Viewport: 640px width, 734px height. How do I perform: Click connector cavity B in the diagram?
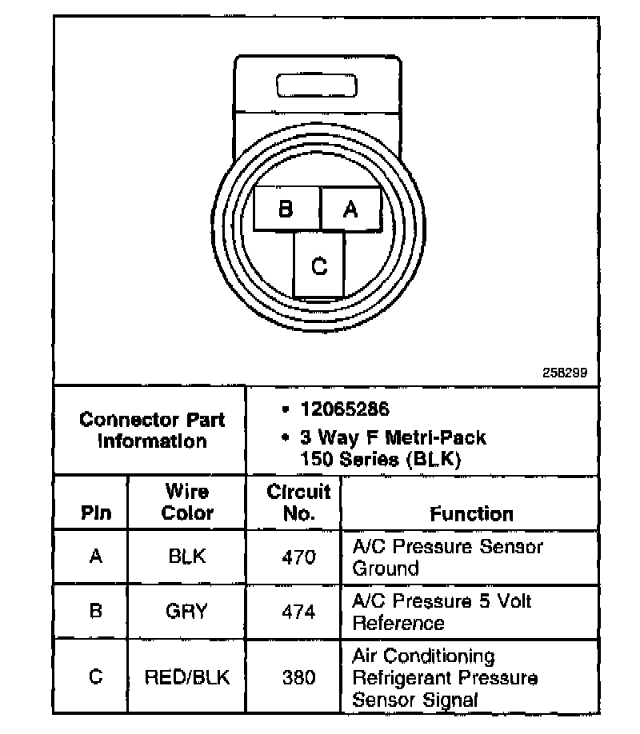[x=286, y=209]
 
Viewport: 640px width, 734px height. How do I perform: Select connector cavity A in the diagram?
[x=350, y=209]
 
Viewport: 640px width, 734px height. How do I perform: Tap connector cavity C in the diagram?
[x=319, y=265]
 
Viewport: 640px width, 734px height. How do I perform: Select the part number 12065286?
[x=345, y=409]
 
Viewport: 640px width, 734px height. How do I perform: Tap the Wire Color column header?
[x=187, y=502]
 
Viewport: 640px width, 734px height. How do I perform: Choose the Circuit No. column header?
[x=298, y=502]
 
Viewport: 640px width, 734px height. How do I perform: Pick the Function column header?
[x=471, y=513]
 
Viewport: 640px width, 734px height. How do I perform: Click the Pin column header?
[x=96, y=513]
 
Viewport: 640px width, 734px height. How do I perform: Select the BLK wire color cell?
[x=187, y=556]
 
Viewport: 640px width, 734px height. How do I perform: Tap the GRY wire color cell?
[x=187, y=612]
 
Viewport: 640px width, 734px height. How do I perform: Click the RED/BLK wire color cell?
[x=187, y=677]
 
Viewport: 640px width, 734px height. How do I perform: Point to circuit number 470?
[x=298, y=556]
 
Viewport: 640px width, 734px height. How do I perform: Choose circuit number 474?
[x=298, y=612]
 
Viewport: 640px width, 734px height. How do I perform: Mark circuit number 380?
[x=298, y=677]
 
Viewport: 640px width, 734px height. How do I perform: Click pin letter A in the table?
[x=96, y=556]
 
